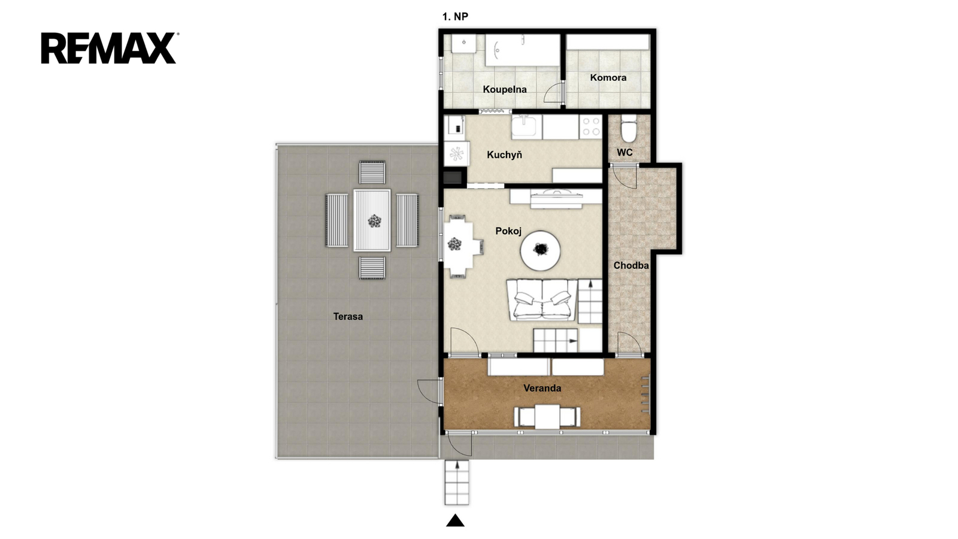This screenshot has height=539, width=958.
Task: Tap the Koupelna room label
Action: coord(505,89)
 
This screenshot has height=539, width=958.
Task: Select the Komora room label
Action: coord(608,77)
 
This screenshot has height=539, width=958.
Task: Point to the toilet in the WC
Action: coord(629,128)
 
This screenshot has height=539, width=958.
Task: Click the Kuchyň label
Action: coord(504,155)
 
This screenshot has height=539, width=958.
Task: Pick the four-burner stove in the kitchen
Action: coord(590,126)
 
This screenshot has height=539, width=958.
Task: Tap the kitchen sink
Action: coord(525,126)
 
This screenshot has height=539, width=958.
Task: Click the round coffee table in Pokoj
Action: coord(540,250)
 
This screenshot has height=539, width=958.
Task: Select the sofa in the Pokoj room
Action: coord(542,299)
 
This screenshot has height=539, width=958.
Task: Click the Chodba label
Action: coord(631,266)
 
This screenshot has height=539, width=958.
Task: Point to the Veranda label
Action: coord(542,389)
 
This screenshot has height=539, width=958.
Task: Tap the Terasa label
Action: coord(348,317)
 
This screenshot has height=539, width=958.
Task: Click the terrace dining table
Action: coord(372,220)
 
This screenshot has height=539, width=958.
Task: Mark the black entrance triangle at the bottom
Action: coord(456,520)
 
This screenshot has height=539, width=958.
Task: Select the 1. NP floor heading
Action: coord(455,17)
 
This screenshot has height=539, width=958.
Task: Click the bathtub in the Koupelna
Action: coord(523,50)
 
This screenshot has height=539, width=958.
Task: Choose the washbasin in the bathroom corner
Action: coord(463,44)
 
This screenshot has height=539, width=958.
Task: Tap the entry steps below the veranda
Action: coord(457,483)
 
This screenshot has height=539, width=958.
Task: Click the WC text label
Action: coord(625,153)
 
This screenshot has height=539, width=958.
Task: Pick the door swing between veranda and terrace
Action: coord(429,390)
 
